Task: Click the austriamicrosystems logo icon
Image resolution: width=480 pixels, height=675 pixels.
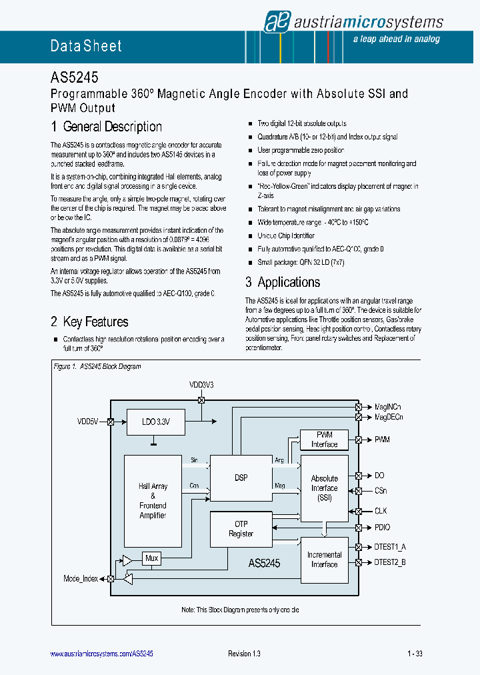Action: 275,22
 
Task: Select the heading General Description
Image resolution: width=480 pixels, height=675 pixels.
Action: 106,127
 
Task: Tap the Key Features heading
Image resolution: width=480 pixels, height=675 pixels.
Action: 89,322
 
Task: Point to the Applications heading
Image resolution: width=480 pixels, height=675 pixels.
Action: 283,282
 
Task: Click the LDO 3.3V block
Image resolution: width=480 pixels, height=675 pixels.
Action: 155,422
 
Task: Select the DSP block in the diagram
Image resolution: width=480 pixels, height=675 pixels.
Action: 241,478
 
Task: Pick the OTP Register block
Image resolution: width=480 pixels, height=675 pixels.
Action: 241,529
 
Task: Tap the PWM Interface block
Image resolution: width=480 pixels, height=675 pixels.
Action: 324,440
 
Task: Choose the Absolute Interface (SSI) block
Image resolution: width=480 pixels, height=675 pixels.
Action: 324,488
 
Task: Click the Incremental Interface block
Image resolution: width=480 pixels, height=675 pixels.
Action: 324,560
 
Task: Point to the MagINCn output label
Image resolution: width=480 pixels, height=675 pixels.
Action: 388,407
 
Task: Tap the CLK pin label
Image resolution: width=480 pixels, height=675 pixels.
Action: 381,511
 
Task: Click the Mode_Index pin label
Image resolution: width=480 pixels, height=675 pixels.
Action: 81,578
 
